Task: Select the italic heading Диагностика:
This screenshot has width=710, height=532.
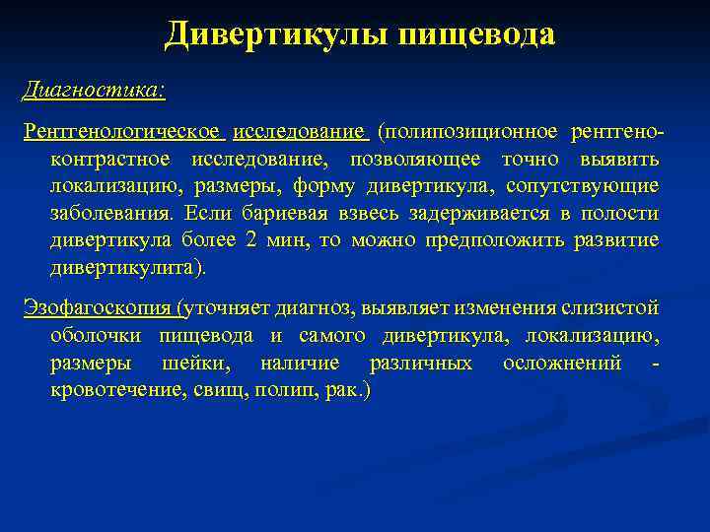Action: click(95, 90)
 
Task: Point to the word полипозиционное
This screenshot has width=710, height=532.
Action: click(469, 131)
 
